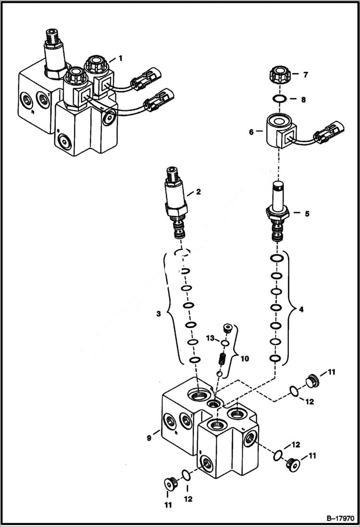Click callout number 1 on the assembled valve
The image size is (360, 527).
coord(121,58)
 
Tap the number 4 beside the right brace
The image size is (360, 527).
coord(301,310)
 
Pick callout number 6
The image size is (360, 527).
coord(250,130)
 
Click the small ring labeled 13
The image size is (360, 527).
coord(223,343)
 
